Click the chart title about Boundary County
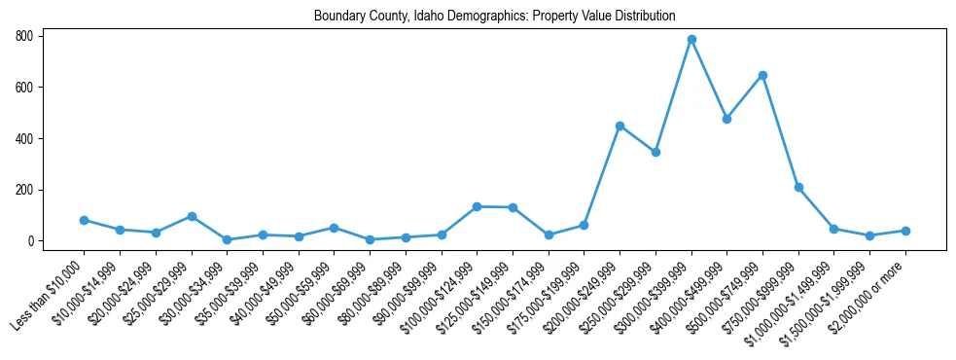[494, 17]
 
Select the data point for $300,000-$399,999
[691, 40]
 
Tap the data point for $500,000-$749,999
[762, 75]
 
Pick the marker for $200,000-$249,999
[620, 126]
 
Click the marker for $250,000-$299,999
[655, 152]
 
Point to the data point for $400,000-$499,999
[726, 119]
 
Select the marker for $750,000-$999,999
[798, 187]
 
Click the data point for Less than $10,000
[84, 220]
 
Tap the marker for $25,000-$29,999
[192, 216]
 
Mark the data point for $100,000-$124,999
[477, 206]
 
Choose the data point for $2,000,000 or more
[905, 231]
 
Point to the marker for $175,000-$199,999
[584, 225]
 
